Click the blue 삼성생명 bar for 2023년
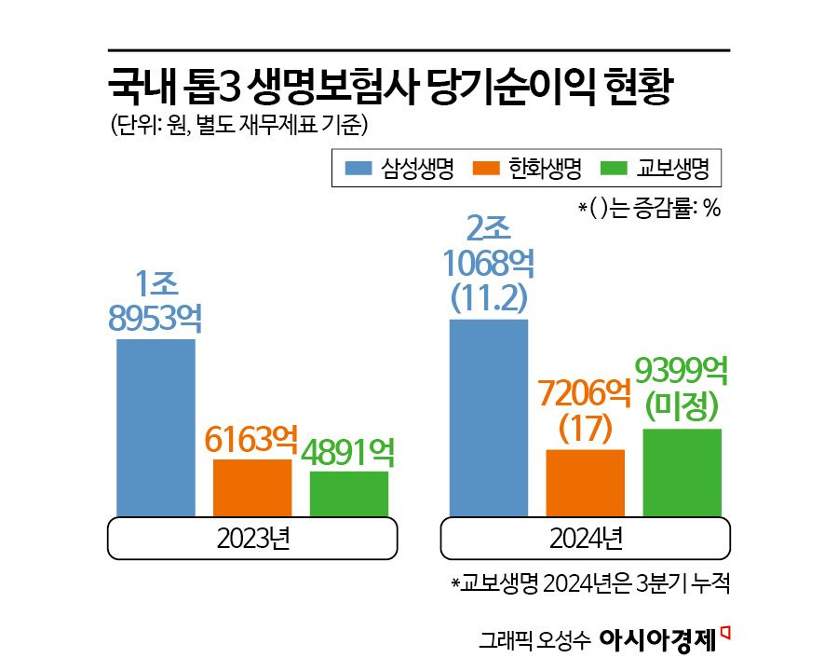coord(155,427)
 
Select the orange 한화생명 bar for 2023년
coord(252,486)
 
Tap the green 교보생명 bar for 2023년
coord(349,493)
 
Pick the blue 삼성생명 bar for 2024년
coord(489,418)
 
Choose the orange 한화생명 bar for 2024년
coord(586,482)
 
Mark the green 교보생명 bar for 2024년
coord(683,472)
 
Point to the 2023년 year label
coord(253,539)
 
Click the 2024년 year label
coord(587,539)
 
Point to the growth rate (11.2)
coord(489,297)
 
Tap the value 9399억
coord(682,371)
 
